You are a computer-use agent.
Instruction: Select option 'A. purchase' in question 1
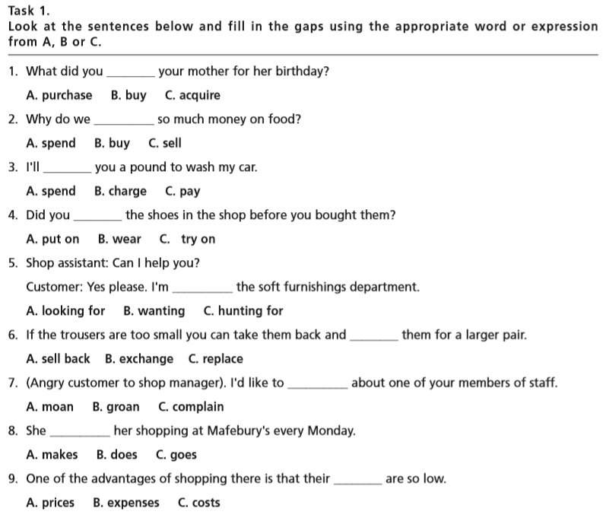(59, 96)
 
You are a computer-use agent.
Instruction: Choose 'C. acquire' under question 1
(192, 96)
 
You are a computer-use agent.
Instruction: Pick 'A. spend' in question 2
(51, 144)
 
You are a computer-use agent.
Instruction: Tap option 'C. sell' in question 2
(165, 144)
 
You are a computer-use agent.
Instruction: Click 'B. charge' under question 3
(120, 192)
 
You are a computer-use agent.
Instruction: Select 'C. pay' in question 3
(182, 192)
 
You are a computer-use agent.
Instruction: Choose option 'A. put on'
(52, 240)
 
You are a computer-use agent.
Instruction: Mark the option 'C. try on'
(188, 240)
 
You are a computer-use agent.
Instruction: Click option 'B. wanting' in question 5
(154, 311)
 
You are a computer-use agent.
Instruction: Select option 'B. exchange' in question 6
(139, 359)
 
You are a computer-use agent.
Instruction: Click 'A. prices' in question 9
(50, 503)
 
